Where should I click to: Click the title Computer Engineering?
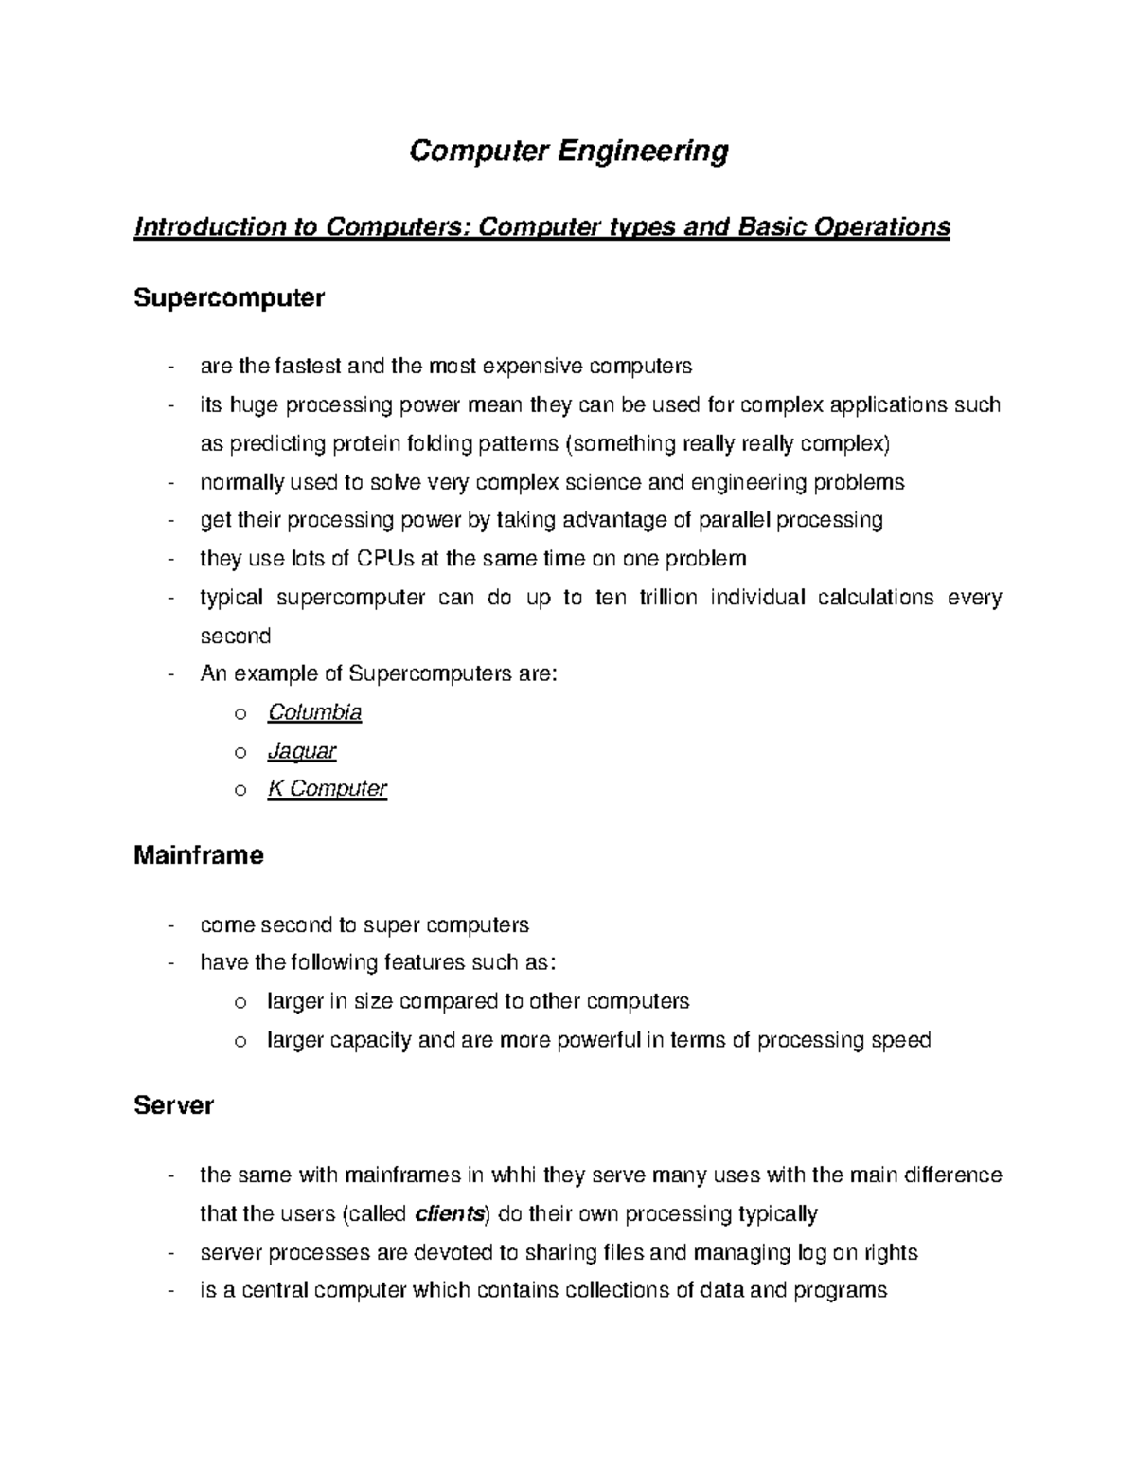click(x=568, y=151)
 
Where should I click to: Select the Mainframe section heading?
click(x=199, y=855)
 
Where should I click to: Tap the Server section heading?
click(x=174, y=1105)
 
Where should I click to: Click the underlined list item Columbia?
click(x=314, y=712)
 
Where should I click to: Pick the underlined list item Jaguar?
click(x=302, y=751)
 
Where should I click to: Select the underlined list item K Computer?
click(x=327, y=789)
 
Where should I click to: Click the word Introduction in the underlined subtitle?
click(x=197, y=227)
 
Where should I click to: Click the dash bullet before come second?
click(x=170, y=925)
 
